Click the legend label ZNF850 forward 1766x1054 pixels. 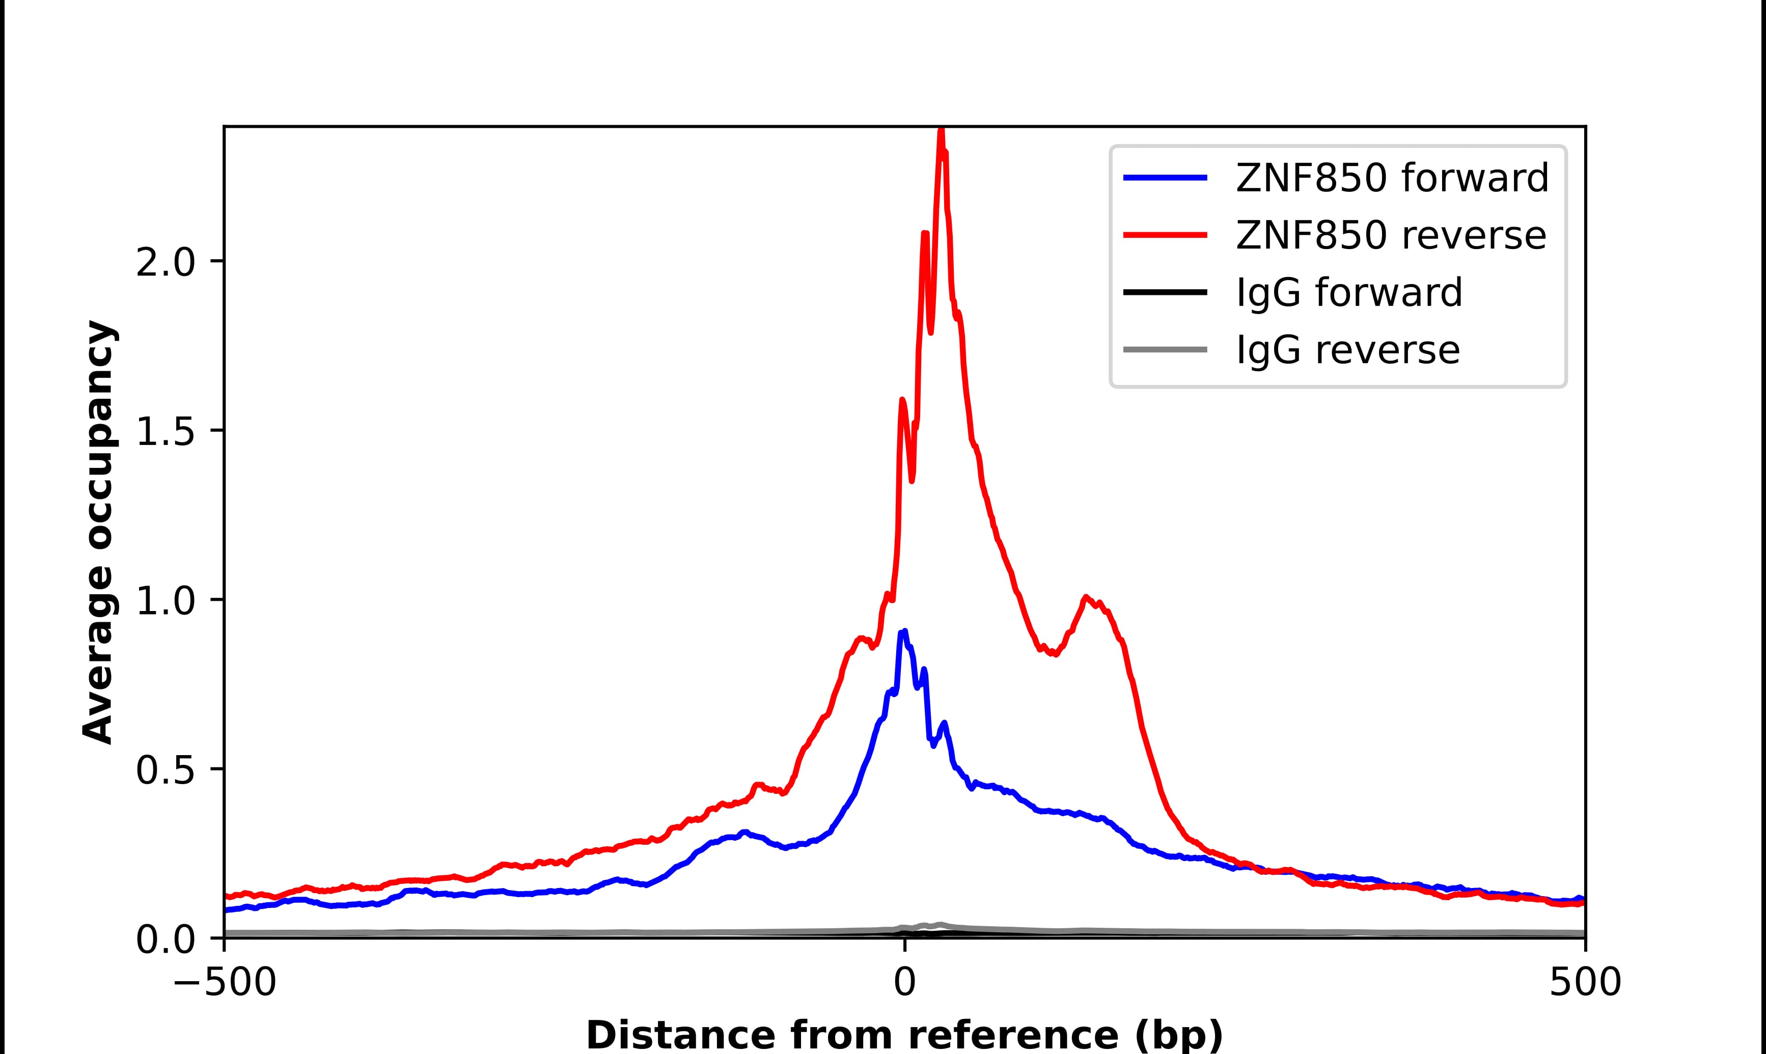click(1392, 178)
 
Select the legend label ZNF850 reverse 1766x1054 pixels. click(1390, 236)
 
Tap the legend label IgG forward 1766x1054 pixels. click(1348, 293)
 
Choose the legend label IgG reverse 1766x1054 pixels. click(1347, 350)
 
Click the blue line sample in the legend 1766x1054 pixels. click(1165, 178)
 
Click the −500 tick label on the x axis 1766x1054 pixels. click(225, 984)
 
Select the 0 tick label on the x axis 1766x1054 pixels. click(904, 984)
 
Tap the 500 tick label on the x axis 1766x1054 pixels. click(1584, 984)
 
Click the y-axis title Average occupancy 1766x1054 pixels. click(98, 532)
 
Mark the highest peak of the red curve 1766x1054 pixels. click(942, 131)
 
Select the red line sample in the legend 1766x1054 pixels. click(1165, 236)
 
